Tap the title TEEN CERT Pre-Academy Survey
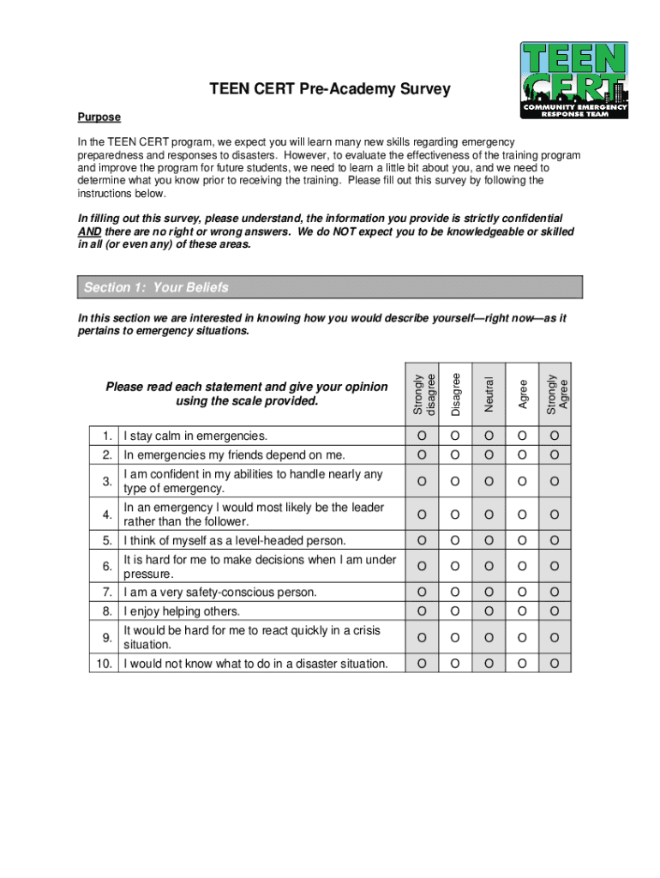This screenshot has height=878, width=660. click(x=330, y=89)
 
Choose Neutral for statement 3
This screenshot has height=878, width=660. click(x=489, y=482)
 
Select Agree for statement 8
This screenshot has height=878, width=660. click(x=521, y=611)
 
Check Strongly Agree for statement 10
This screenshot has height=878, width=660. click(x=555, y=664)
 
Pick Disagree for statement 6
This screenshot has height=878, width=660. click(x=454, y=567)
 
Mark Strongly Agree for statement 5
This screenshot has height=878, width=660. click(x=555, y=540)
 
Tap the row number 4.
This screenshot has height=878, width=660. click(x=107, y=514)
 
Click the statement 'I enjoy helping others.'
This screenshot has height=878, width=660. click(x=182, y=611)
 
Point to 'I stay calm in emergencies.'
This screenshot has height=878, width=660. click(x=195, y=436)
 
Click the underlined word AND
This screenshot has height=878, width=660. click(x=88, y=232)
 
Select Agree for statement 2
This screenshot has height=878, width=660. click(x=521, y=454)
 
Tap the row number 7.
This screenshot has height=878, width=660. click(x=107, y=592)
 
